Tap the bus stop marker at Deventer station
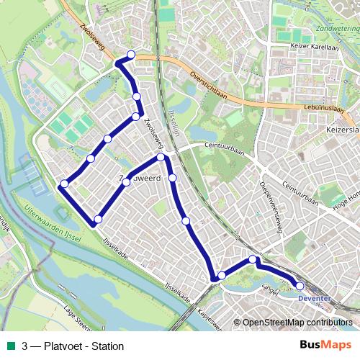point(300,286)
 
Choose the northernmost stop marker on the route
point(131,55)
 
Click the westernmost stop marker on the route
point(64,184)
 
